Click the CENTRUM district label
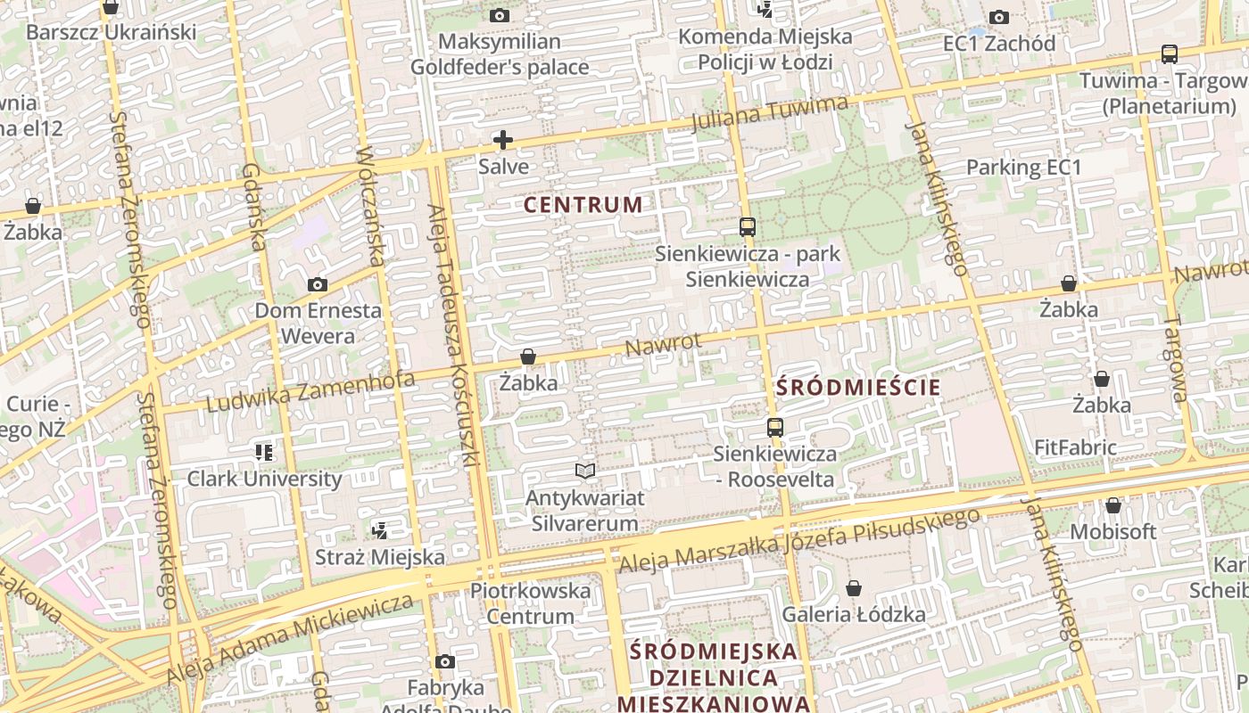pyautogui.click(x=583, y=205)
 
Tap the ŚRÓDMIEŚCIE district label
pyautogui.click(x=858, y=388)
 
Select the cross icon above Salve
pyautogui.click(x=503, y=140)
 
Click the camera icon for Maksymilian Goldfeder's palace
pyautogui.click(x=500, y=15)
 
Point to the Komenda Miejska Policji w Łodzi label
pyautogui.click(x=765, y=50)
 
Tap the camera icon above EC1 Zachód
pyautogui.click(x=999, y=17)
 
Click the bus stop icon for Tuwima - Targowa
pyautogui.click(x=1169, y=53)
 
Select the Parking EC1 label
pyautogui.click(x=1023, y=168)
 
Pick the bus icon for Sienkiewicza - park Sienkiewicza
pyautogui.click(x=748, y=227)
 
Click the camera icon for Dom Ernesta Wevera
pyautogui.click(x=317, y=285)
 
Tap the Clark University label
pyautogui.click(x=264, y=479)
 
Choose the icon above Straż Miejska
pyautogui.click(x=380, y=531)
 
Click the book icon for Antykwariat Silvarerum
pyautogui.click(x=584, y=471)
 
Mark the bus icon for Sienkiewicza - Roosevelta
pyautogui.click(x=775, y=428)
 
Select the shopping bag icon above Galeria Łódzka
pyautogui.click(x=854, y=588)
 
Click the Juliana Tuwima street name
pyautogui.click(x=770, y=115)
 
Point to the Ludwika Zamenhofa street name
pyautogui.click(x=310, y=392)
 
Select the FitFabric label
pyautogui.click(x=1075, y=447)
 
